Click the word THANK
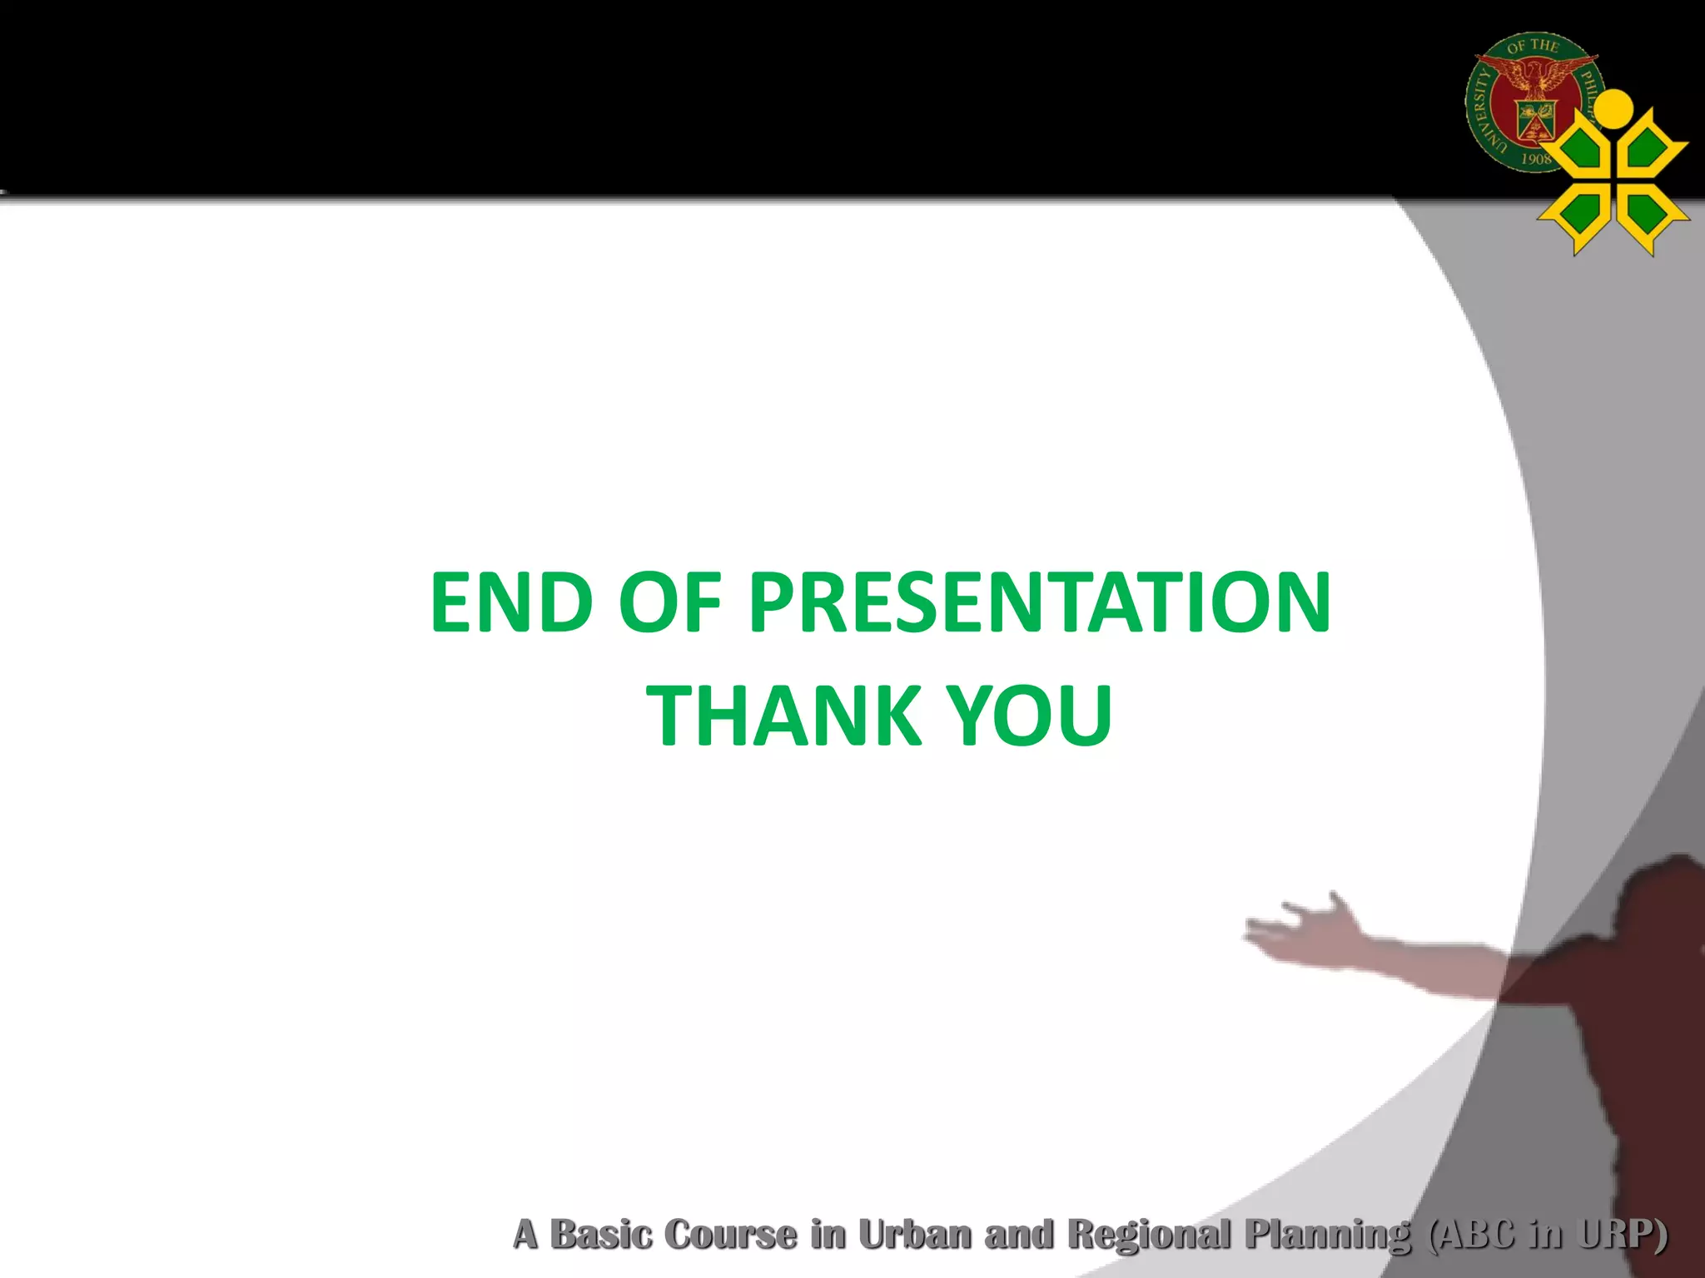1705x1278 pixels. point(783,716)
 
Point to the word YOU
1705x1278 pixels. point(1030,716)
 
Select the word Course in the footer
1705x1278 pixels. point(731,1235)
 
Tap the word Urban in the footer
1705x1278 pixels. point(914,1235)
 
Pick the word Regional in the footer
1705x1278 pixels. point(1149,1235)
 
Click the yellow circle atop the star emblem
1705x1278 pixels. point(1615,106)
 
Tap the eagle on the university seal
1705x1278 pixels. point(1534,80)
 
